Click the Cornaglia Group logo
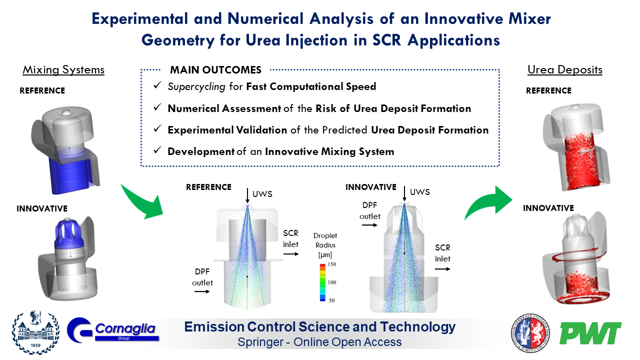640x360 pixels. [x=113, y=330]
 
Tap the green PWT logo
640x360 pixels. [x=590, y=333]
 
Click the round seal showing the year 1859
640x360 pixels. [x=35, y=332]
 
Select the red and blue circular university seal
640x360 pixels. [x=530, y=333]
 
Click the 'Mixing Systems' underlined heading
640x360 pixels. [x=63, y=69]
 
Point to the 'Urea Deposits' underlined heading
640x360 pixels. [x=565, y=69]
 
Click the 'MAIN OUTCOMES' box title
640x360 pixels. [x=215, y=70]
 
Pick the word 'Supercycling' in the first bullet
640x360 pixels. [x=196, y=86]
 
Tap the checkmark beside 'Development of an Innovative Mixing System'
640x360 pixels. [x=157, y=150]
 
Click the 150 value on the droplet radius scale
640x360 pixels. [x=331, y=264]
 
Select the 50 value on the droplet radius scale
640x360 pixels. [x=331, y=300]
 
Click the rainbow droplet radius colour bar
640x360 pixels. [x=322, y=282]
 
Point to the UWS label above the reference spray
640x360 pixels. [x=262, y=194]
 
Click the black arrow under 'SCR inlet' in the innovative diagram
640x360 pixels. [x=442, y=269]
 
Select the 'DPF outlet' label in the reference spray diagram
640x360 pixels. [x=202, y=277]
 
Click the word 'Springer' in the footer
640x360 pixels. [x=260, y=342]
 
